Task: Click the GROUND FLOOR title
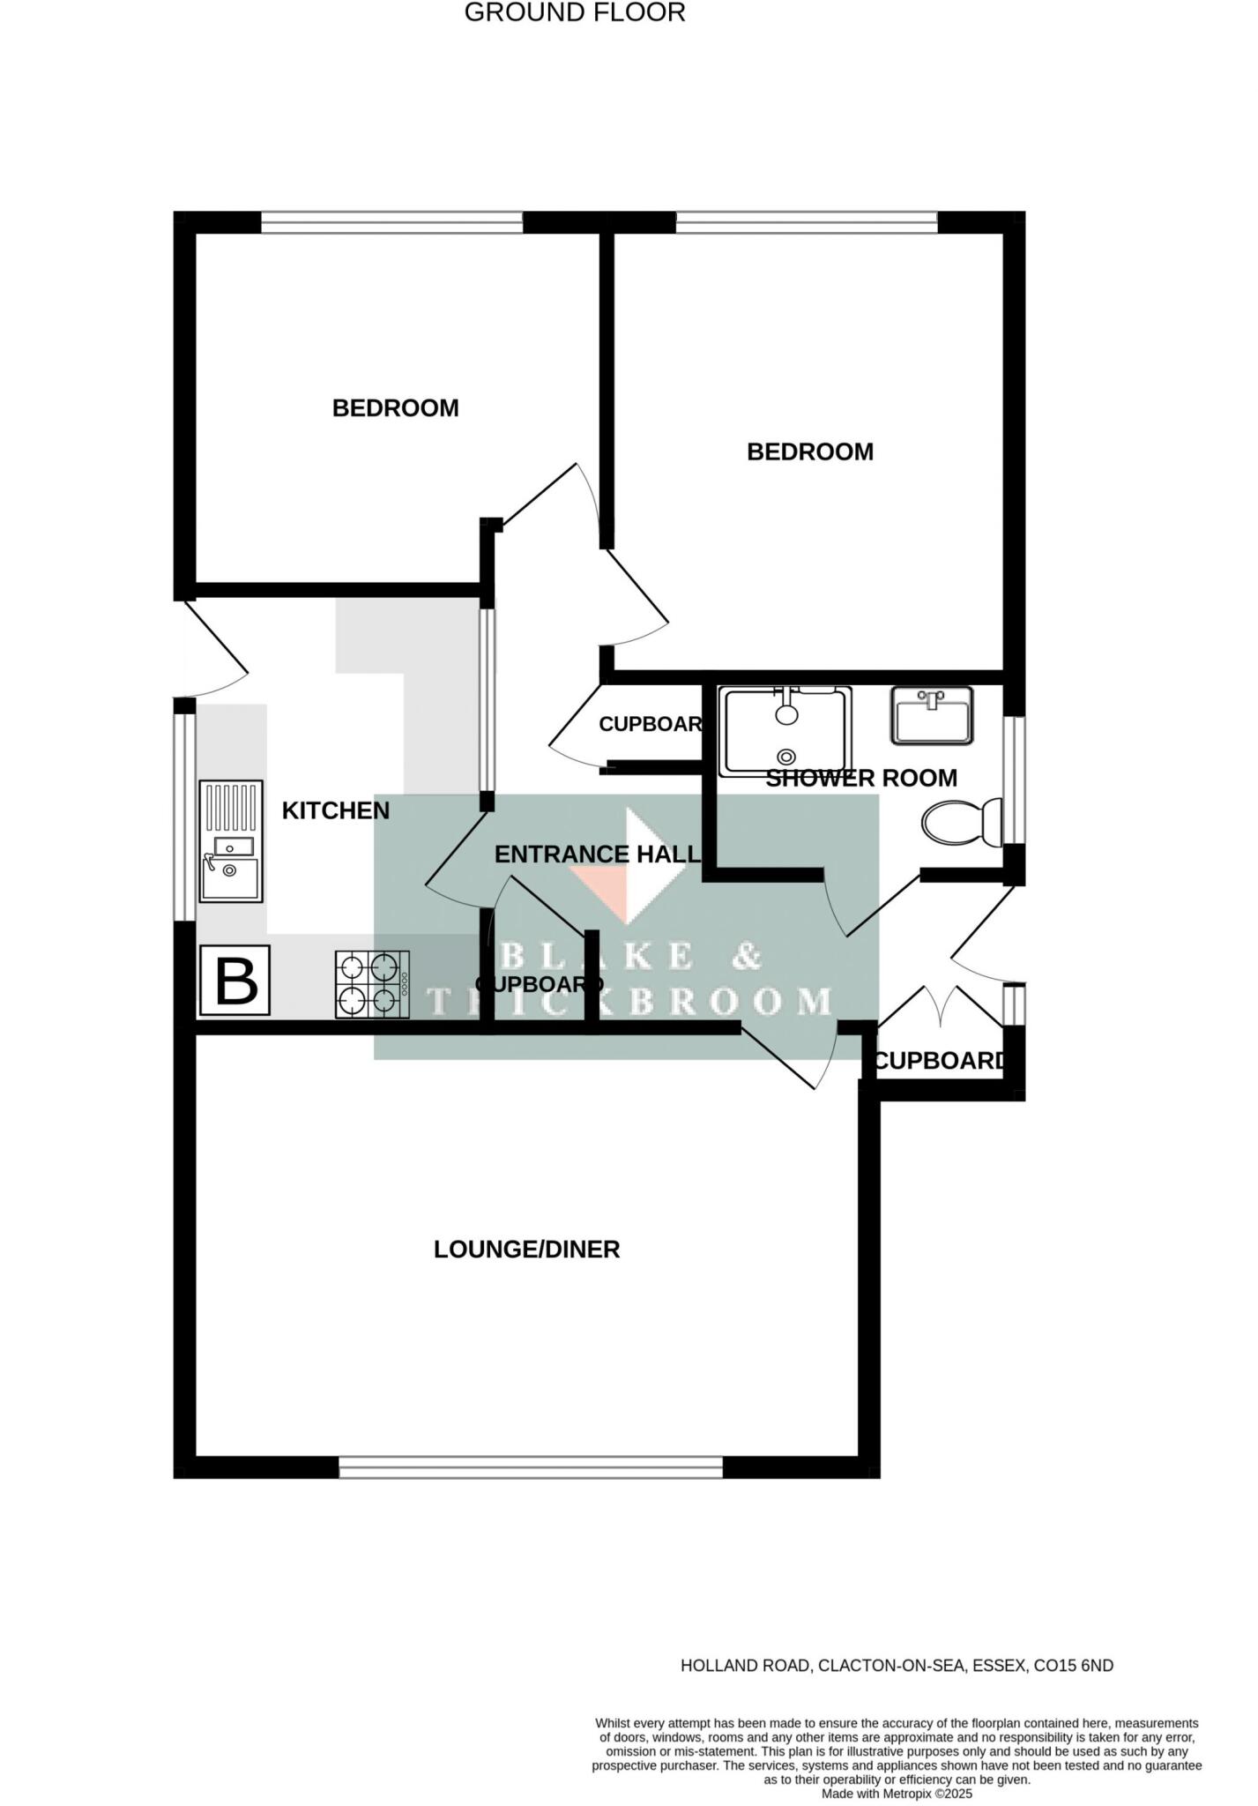[x=575, y=13]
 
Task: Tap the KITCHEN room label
[x=335, y=810]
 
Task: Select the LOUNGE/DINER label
[x=526, y=1249]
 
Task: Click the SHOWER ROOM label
[x=860, y=778]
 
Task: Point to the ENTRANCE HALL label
[x=597, y=854]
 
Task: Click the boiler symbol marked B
[x=235, y=980]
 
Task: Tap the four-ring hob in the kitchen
[x=372, y=983]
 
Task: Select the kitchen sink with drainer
[x=231, y=840]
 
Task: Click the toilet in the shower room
[x=962, y=822]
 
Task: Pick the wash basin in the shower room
[x=931, y=715]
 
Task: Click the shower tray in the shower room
[x=785, y=731]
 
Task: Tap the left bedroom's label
[x=395, y=408]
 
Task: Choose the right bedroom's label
[x=809, y=451]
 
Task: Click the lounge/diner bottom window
[x=531, y=1466]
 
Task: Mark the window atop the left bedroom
[x=392, y=222]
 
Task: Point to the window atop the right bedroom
[x=806, y=222]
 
